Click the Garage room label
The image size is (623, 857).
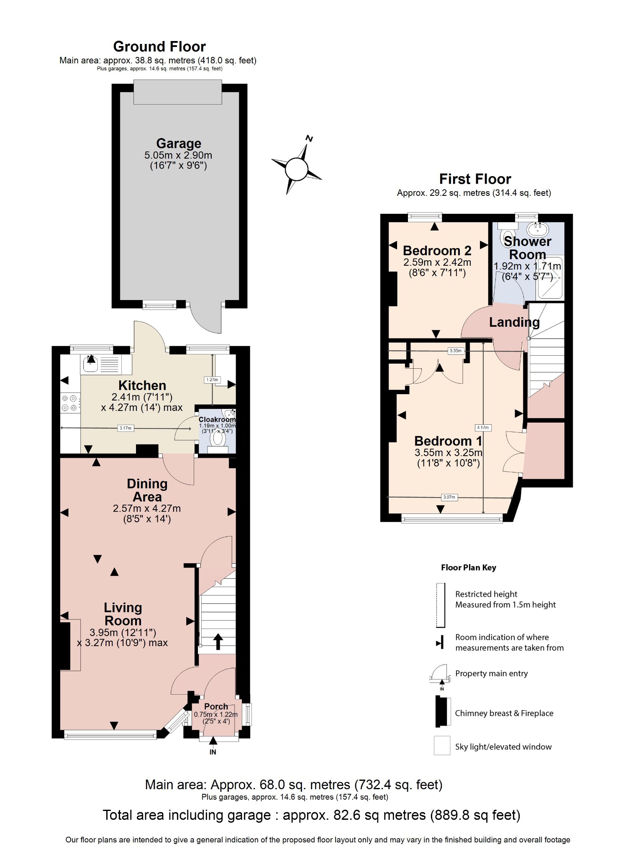point(179,144)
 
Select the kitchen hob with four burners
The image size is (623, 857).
point(70,403)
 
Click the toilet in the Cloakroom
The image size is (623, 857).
point(218,438)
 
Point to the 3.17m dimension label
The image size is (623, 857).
point(126,428)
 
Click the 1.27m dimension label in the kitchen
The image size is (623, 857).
point(212,380)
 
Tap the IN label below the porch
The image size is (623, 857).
point(213,752)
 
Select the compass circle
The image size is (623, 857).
point(296,169)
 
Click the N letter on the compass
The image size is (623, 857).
point(309,139)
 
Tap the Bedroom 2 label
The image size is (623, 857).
point(437,251)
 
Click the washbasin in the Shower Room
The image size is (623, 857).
point(537,229)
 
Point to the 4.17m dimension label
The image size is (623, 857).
point(483,428)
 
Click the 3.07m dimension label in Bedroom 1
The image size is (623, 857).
point(449,497)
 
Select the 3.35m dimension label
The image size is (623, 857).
point(455,351)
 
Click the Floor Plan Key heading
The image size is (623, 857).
point(468,568)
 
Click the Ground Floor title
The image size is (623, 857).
point(159,46)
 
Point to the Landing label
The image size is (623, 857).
point(514,322)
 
